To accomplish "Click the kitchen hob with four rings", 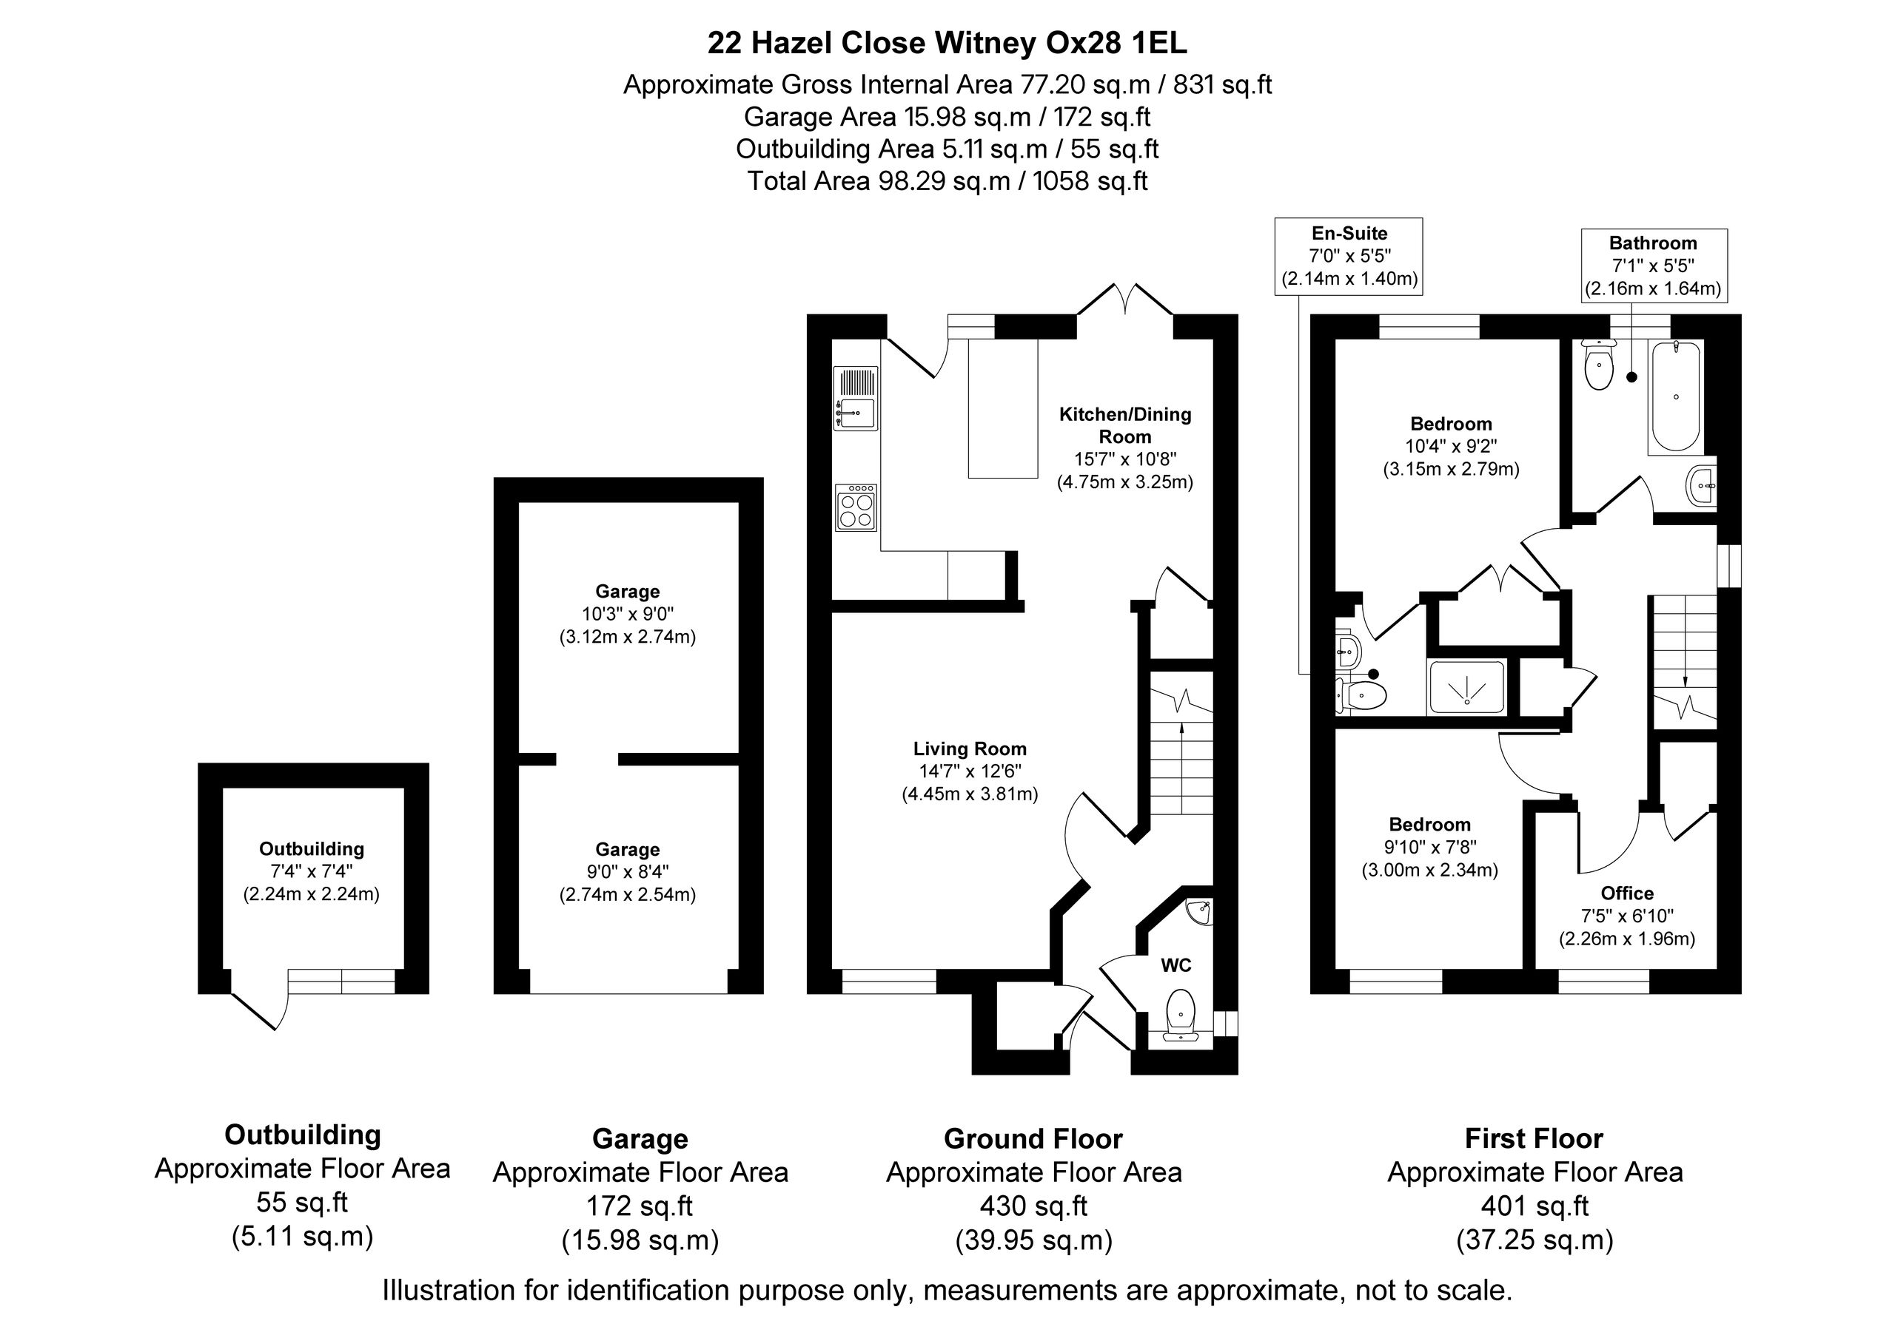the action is point(856,507).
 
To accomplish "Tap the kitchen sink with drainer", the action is point(856,399).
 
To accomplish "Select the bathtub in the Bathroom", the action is point(1675,396).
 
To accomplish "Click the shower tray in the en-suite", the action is point(1466,687).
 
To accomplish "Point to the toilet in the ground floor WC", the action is point(1181,1016).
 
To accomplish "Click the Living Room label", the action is point(970,749).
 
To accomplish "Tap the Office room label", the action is point(1627,893).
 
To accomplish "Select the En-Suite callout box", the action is point(1349,256).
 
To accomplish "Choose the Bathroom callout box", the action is point(1653,266).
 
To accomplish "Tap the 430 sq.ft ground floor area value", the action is point(1033,1206).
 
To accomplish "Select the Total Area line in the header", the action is point(947,180).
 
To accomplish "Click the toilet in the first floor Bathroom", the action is point(1600,365).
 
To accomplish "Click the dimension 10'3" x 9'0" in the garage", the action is point(627,614).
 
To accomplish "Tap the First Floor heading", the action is point(1534,1138).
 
